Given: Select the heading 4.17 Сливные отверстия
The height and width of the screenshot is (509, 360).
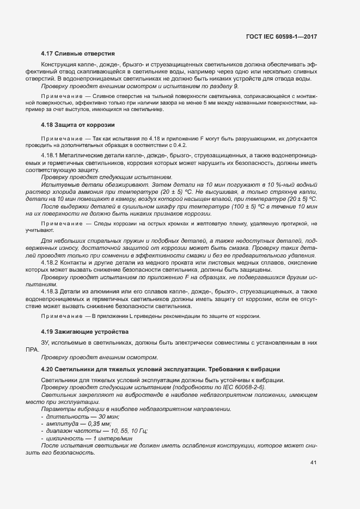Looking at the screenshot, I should [77, 53].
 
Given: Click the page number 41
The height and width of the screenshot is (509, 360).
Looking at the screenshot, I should [313, 463].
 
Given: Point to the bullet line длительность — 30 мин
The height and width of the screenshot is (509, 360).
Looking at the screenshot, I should [76, 416].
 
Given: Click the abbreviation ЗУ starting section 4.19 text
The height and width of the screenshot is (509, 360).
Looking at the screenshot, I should [46, 343].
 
